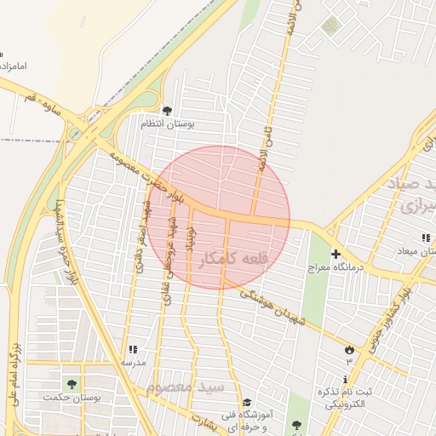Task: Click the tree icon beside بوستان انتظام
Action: pos(167,111)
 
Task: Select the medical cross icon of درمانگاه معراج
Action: pos(336,254)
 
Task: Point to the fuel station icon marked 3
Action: pos(349,350)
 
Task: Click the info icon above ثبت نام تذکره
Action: pos(346,379)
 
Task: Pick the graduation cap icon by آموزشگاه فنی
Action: pos(247,403)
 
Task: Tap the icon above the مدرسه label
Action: pos(132,349)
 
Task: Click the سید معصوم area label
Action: pos(184,387)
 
